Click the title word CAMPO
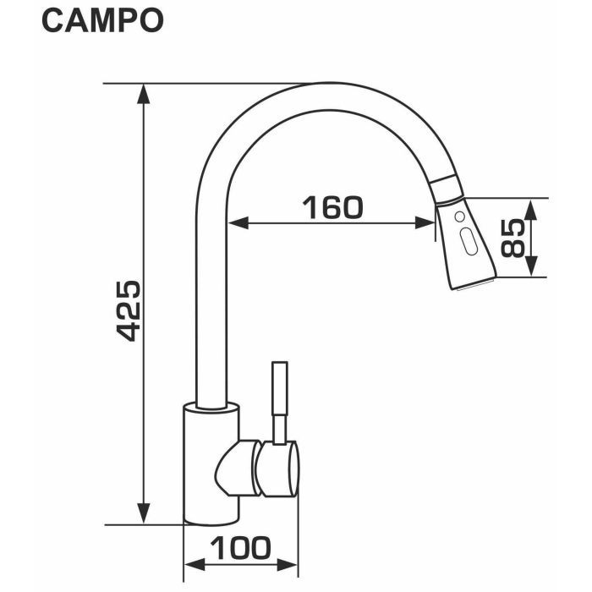pos(101,21)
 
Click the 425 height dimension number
pos(128,309)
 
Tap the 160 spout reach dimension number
pos(332,206)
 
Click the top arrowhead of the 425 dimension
pos(145,92)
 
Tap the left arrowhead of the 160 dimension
pos(238,223)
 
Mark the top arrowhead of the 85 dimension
pos(531,207)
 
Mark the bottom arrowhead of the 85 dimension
pos(531,268)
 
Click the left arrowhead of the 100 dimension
pos(192,564)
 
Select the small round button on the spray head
pos(459,218)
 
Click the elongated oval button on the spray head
pos(468,244)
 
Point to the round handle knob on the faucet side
pos(279,469)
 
